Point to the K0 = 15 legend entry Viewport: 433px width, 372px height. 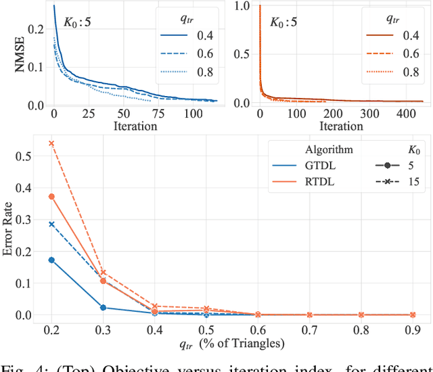click(396, 181)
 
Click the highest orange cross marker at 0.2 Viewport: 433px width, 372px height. click(51, 143)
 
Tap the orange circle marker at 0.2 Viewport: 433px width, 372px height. click(51, 197)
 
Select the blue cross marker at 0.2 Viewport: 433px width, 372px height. click(51, 224)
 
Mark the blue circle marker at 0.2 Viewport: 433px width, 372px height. click(51, 260)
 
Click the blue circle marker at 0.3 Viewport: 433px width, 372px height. click(103, 308)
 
